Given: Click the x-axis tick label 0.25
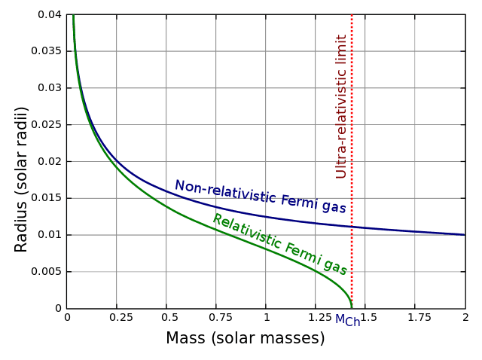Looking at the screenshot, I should pyautogui.click(x=116, y=319).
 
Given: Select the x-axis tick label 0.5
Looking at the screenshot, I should pyautogui.click(x=166, y=319).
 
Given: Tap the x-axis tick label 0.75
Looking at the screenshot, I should pyautogui.click(x=215, y=319).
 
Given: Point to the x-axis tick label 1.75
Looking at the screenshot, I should pyautogui.click(x=415, y=319).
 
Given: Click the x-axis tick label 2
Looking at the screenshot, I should pyautogui.click(x=465, y=319).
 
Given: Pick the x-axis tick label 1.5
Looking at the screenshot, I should pyautogui.click(x=365, y=319).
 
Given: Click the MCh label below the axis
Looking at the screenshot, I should pyautogui.click(x=347, y=320).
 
